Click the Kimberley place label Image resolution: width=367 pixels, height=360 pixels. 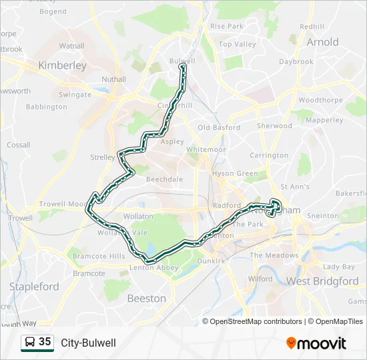point(63,65)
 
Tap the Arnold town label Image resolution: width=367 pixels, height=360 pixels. point(322,42)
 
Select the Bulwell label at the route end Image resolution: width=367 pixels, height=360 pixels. point(181,61)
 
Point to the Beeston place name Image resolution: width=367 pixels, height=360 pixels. point(146,299)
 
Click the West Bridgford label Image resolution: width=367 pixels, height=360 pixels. point(322,281)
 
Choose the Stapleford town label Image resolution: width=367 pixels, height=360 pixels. point(34,287)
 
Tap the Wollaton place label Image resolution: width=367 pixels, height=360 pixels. point(139,217)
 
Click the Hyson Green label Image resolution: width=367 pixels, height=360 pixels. point(234,173)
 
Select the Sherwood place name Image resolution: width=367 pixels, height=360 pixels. point(275,125)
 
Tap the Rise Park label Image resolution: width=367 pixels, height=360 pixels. point(227,26)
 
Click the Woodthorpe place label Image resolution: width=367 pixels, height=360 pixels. point(320,100)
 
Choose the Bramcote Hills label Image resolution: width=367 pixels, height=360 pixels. point(99,256)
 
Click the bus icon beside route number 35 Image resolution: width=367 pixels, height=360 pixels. point(31,342)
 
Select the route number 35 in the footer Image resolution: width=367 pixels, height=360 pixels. point(45,342)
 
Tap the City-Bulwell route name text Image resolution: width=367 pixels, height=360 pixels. point(88,343)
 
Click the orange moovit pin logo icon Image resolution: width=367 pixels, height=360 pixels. point(291,343)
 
